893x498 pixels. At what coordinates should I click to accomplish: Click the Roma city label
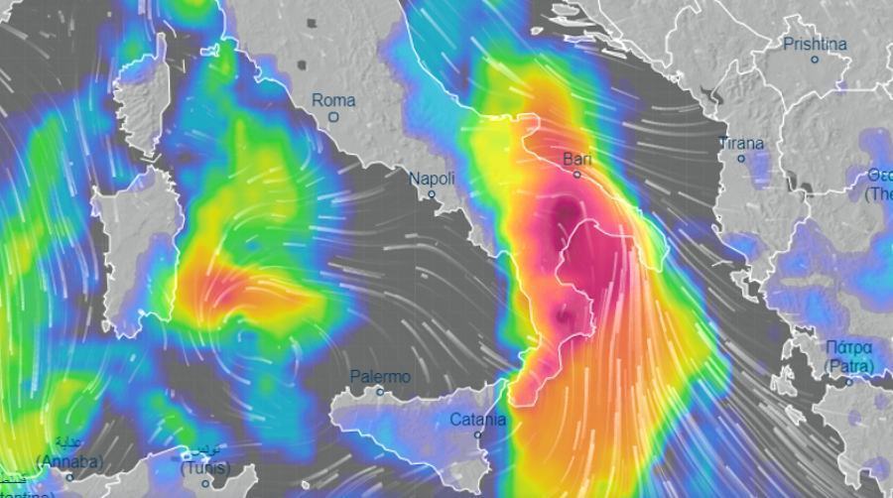333,99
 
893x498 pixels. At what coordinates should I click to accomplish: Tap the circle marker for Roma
334,116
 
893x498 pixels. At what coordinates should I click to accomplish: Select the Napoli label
433,179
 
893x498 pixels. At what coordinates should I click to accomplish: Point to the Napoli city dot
433,194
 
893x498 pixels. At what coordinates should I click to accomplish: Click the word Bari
576,158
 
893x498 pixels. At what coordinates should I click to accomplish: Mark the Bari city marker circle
577,175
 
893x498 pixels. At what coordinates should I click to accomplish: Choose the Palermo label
380,377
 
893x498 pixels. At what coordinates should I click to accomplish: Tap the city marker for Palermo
380,393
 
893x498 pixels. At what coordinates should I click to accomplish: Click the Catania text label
478,419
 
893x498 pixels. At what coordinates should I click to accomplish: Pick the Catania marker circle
478,435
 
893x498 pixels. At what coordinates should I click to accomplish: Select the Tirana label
741,143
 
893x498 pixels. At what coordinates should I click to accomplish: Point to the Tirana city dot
741,159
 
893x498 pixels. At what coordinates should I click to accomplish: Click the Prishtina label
815,44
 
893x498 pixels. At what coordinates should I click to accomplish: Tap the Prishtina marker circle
815,60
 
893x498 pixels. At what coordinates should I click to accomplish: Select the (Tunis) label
205,467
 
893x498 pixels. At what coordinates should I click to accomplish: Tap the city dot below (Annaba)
69,477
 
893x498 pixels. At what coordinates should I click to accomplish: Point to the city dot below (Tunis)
205,484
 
